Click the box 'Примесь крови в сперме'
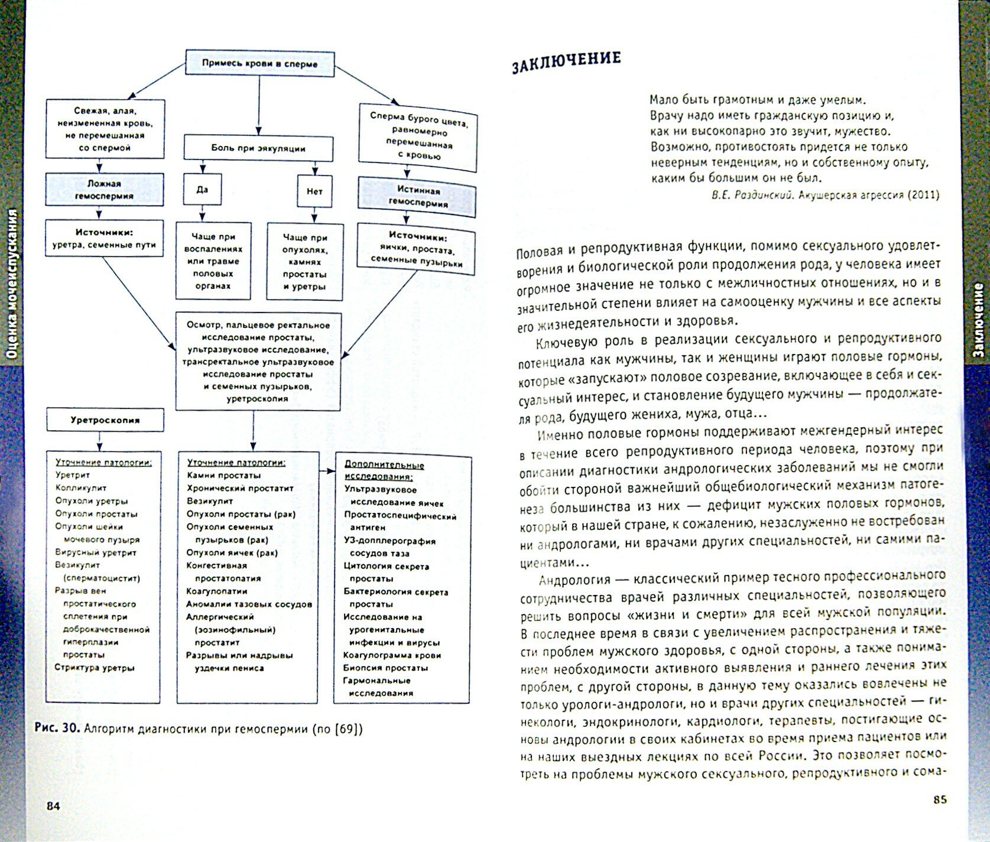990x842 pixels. click(259, 63)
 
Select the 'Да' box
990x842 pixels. click(202, 190)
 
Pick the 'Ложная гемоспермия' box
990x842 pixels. click(104, 190)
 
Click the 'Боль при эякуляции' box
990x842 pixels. click(258, 148)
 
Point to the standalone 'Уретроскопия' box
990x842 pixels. click(105, 421)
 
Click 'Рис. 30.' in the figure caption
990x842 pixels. click(57, 728)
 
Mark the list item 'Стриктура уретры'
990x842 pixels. click(95, 668)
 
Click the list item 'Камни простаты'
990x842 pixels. click(223, 475)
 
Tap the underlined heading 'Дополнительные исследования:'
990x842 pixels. click(384, 470)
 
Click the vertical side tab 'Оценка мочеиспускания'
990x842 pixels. click(12, 284)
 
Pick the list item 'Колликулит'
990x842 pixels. click(81, 488)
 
